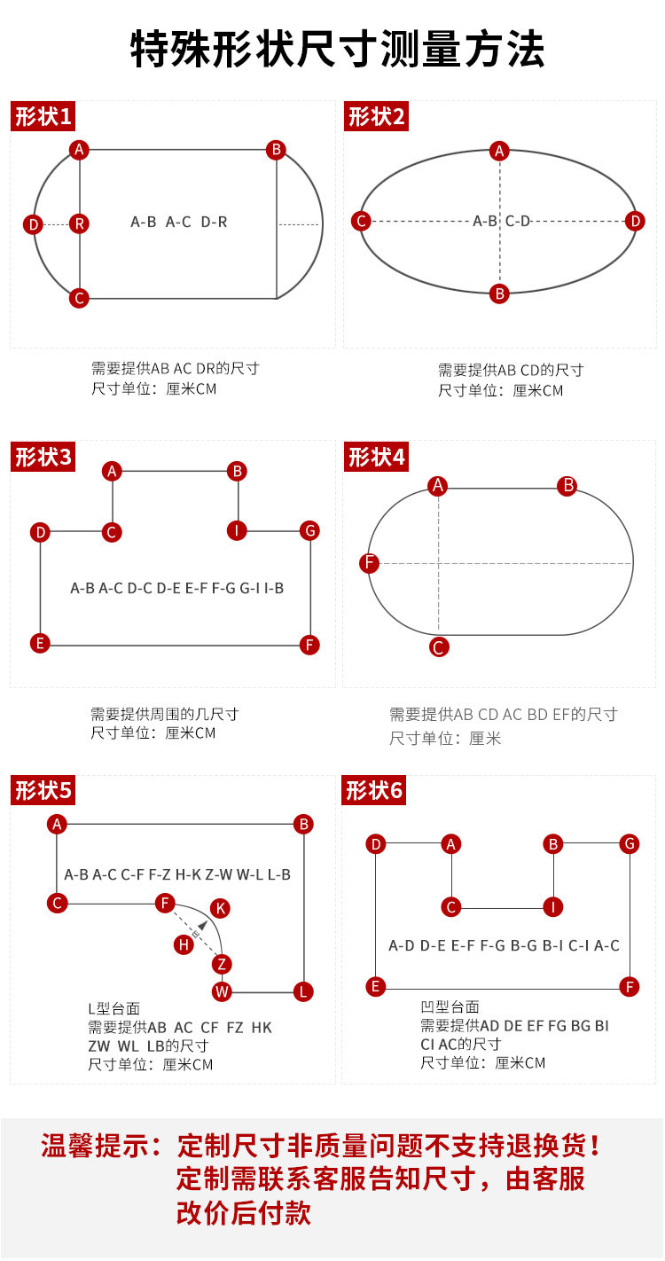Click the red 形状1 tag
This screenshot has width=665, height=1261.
click(43, 116)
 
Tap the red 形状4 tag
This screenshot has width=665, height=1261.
click(376, 458)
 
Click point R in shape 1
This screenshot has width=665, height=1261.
click(80, 223)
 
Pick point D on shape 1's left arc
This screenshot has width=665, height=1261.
click(33, 224)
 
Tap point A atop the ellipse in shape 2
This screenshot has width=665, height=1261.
click(500, 151)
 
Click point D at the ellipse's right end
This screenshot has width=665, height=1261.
click(635, 221)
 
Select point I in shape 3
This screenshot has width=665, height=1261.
click(237, 530)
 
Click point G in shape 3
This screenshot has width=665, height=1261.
click(309, 530)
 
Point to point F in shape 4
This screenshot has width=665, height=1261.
click(370, 563)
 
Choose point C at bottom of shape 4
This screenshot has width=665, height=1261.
click(438, 647)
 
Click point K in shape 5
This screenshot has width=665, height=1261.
click(221, 908)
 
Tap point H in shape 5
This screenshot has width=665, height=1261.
click(184, 944)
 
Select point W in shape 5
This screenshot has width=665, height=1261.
click(222, 991)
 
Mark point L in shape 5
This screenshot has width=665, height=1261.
click(303, 991)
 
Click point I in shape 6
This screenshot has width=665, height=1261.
click(553, 906)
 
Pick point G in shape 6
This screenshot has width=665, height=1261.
click(630, 843)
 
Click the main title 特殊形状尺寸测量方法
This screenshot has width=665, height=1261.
click(337, 50)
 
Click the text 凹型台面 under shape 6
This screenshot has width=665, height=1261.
click(450, 1006)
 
